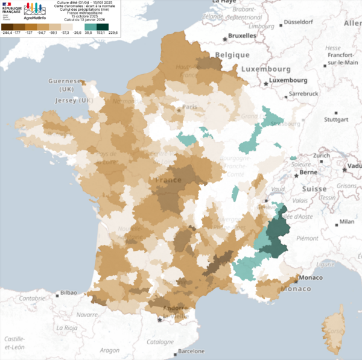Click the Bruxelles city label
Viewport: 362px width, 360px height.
(240, 36)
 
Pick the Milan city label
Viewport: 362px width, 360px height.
(346, 222)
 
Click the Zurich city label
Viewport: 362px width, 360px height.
(320, 156)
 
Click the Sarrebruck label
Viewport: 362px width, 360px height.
(303, 95)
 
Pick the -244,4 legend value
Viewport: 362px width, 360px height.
(8, 34)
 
